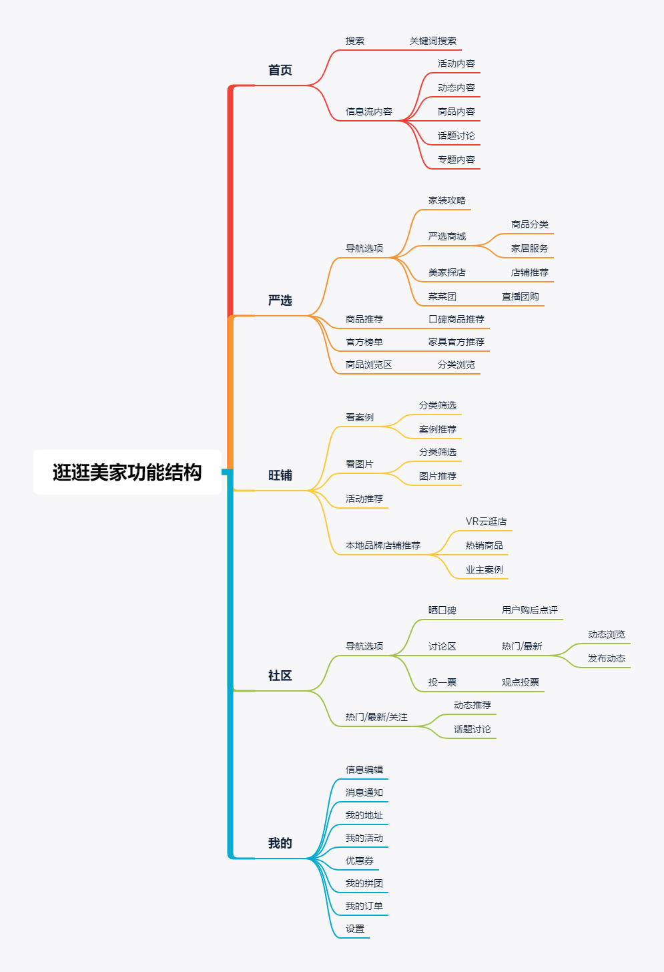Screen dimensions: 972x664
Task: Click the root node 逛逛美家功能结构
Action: [x=127, y=472]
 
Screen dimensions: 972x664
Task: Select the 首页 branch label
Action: [x=280, y=70]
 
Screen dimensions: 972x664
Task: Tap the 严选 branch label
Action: [x=280, y=300]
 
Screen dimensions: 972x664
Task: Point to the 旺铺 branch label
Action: [x=280, y=475]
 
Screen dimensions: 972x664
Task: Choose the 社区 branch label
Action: [x=280, y=676]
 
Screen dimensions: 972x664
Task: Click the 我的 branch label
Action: [x=280, y=843]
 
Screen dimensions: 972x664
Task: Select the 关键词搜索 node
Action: [x=433, y=41]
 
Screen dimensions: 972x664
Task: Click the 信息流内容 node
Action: [x=369, y=111]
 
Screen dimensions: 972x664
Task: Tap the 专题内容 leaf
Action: [x=456, y=160]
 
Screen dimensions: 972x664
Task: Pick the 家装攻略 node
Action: [x=447, y=200]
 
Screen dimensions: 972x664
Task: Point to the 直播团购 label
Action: [x=521, y=296]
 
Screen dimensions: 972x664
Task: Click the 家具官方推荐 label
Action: [x=456, y=342]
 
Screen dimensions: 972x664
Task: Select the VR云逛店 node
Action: [x=486, y=521]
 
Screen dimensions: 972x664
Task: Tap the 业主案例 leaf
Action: [x=484, y=569]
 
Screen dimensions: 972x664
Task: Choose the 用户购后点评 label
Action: [x=530, y=610]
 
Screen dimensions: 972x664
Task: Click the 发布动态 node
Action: [x=607, y=658]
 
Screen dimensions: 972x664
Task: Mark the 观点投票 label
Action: [x=521, y=682]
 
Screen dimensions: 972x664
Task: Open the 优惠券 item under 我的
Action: [x=360, y=861]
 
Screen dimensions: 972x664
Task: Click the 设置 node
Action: [x=355, y=929]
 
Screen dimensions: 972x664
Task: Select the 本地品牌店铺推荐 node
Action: [x=383, y=545]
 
